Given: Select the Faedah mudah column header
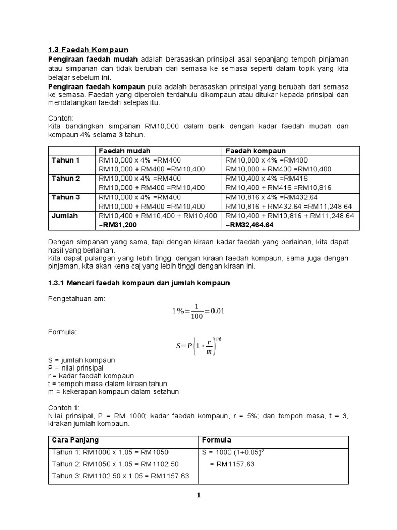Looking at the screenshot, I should click(121, 150).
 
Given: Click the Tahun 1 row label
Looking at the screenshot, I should click(66, 160).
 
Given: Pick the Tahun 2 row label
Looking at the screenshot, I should click(66, 179).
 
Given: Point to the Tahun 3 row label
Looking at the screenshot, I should click(66, 197).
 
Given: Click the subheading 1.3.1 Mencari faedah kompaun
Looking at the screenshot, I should click(139, 283).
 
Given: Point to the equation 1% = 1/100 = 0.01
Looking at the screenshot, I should click(198, 311).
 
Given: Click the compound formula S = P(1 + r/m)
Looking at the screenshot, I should click(198, 345).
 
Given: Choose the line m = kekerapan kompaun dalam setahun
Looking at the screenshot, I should click(113, 392).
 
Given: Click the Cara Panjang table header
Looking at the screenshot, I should click(74, 440).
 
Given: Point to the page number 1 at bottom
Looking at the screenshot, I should click(198, 495).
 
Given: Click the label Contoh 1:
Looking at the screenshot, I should click(64, 407).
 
